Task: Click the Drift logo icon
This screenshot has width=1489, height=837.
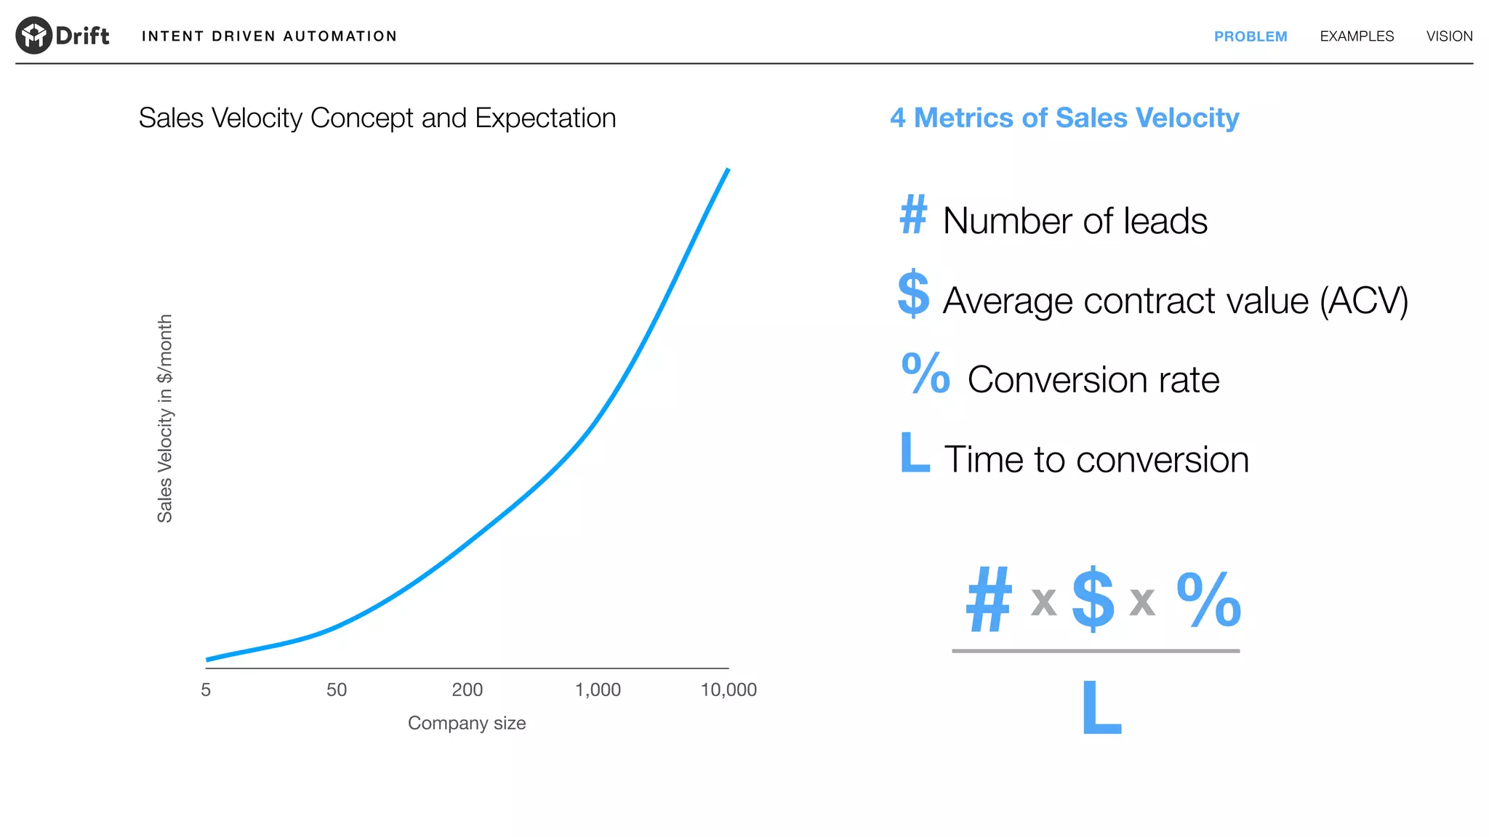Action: pos(33,36)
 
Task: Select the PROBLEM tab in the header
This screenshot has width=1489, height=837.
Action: pos(1250,36)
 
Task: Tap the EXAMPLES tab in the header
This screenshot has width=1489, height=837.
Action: pos(1357,36)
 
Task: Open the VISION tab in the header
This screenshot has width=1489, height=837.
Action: pos(1449,36)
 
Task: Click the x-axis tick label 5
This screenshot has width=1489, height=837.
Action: pos(206,690)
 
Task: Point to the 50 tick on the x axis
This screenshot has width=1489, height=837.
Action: pos(336,690)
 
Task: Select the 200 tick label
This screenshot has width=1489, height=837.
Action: pos(467,690)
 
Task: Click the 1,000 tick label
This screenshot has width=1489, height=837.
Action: pos(598,690)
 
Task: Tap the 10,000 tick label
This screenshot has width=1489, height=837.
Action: pos(728,690)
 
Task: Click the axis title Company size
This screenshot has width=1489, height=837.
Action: pos(466,723)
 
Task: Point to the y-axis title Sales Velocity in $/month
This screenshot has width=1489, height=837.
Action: pos(165,418)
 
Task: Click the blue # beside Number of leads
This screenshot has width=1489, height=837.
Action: pos(913,215)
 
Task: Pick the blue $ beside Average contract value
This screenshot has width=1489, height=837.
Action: pos(913,294)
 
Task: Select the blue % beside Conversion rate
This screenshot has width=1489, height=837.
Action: pos(925,373)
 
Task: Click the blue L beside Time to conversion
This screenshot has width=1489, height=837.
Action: pos(914,452)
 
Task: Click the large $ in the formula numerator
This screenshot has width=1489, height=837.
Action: pos(1093,599)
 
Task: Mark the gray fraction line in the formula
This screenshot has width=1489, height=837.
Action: pos(1095,651)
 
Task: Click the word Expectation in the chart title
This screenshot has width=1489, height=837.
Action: pos(545,118)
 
